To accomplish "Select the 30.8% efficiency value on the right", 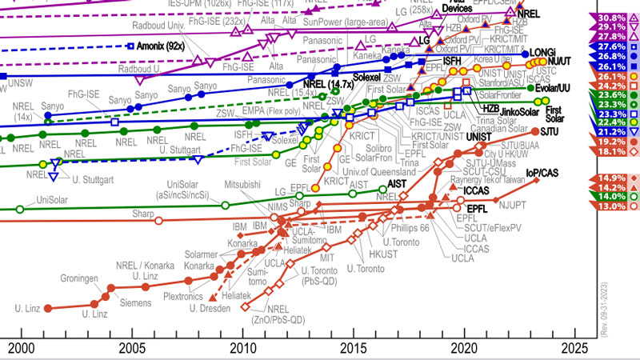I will click(606, 17).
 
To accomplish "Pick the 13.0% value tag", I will click(606, 206).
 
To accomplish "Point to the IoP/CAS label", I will click(542, 173).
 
